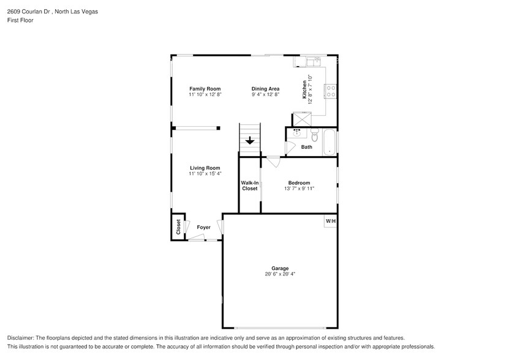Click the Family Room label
(205, 89)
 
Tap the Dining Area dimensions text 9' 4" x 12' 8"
(265, 95)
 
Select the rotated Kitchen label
(304, 90)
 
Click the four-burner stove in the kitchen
(331, 92)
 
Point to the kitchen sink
(314, 61)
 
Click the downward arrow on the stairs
(250, 141)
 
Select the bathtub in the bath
(330, 142)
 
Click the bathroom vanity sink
(297, 132)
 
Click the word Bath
(306, 147)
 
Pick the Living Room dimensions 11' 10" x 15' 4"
(205, 174)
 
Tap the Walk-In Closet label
(249, 186)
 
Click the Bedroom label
(299, 182)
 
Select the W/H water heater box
(330, 221)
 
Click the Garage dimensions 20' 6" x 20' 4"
(280, 274)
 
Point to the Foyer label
(203, 227)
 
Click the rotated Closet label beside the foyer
(178, 227)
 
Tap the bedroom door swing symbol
(273, 162)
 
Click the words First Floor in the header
(20, 20)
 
